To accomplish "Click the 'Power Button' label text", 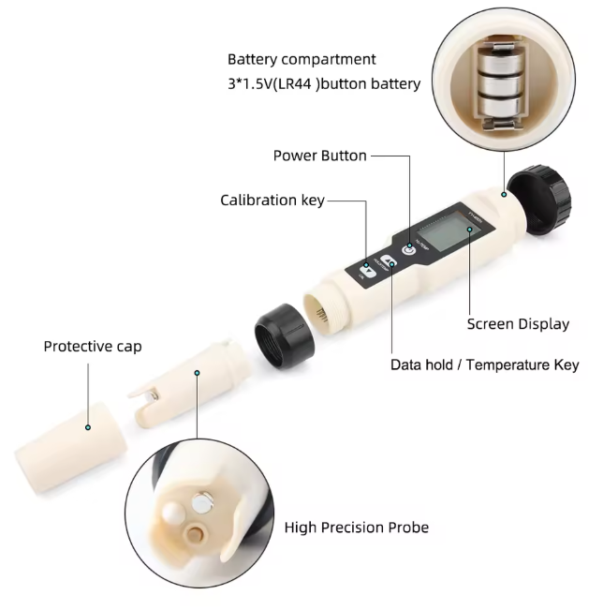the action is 319,156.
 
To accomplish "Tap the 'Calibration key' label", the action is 272,201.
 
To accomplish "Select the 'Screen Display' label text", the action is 518,324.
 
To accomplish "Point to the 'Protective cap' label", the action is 93,347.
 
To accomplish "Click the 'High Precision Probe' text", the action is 357,528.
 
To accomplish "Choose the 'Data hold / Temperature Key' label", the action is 484,365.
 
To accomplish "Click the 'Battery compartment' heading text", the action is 301,60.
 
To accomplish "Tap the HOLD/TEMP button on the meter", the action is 389,261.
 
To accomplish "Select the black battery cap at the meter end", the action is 539,200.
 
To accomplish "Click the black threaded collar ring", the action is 285,336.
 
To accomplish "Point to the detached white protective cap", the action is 71,447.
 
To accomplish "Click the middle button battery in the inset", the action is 500,82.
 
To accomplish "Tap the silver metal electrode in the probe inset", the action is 202,502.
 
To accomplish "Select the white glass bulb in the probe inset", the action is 173,513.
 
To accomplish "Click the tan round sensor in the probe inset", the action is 195,534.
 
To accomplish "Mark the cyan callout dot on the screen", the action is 469,230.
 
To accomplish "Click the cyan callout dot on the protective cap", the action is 88,427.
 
